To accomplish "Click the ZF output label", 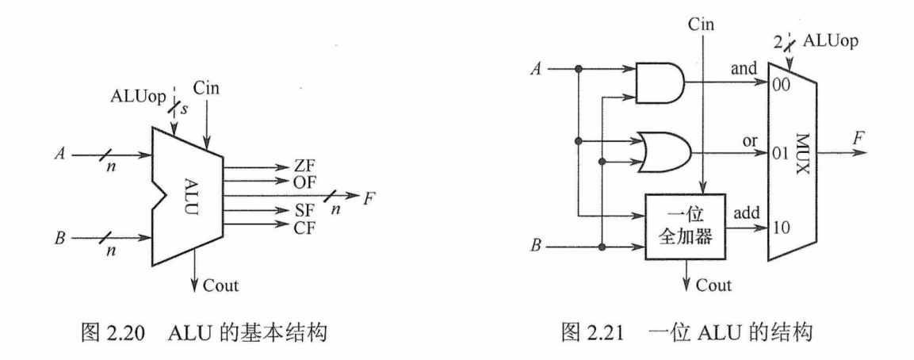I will (x=293, y=168).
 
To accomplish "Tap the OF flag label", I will (x=293, y=182).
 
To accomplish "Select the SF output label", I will (x=293, y=213).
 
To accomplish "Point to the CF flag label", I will (x=293, y=227).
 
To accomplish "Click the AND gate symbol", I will (x=660, y=82).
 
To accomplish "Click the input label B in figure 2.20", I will (x=59, y=236).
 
